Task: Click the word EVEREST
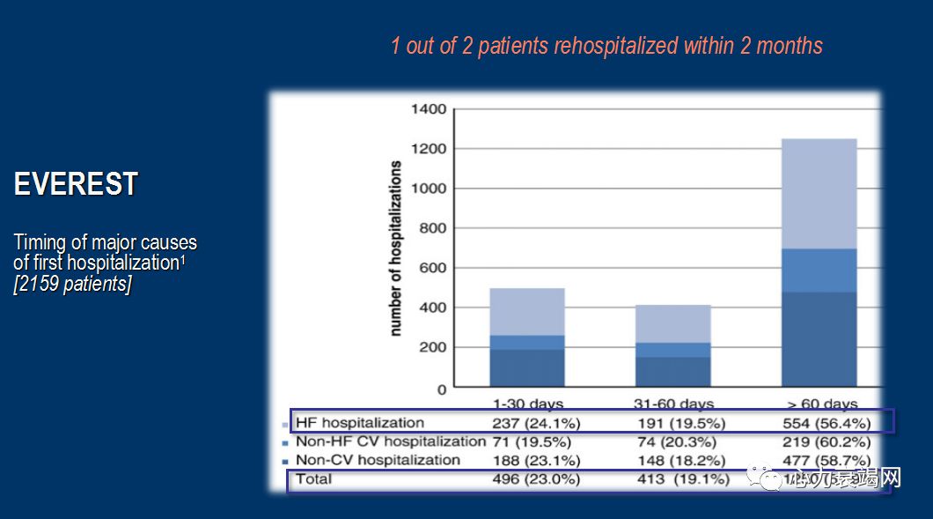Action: [x=76, y=184]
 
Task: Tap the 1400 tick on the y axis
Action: [x=430, y=110]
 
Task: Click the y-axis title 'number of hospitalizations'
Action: [x=396, y=248]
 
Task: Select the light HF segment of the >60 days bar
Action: [x=819, y=193]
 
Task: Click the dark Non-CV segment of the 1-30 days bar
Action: [x=526, y=367]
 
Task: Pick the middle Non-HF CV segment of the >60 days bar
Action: [x=819, y=271]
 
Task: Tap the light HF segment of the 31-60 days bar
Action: [x=672, y=323]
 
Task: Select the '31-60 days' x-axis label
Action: [x=672, y=404]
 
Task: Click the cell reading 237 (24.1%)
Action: [x=536, y=423]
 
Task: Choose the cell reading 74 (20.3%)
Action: [x=676, y=441]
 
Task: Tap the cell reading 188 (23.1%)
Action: [x=536, y=460]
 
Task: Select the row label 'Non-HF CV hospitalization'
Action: [x=390, y=441]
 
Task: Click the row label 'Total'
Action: [x=314, y=479]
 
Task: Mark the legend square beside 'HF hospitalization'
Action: [x=285, y=425]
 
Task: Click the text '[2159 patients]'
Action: [x=73, y=285]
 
